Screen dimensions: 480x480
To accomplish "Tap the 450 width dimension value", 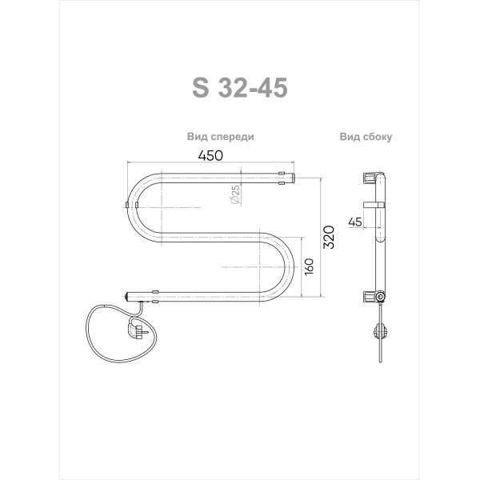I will click(x=210, y=157).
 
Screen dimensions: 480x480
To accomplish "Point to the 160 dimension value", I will click(x=309, y=270).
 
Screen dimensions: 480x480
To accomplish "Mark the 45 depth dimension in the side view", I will click(x=355, y=222).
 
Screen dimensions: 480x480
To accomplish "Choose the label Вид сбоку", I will click(x=365, y=137).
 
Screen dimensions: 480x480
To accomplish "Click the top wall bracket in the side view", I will click(x=370, y=175).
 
